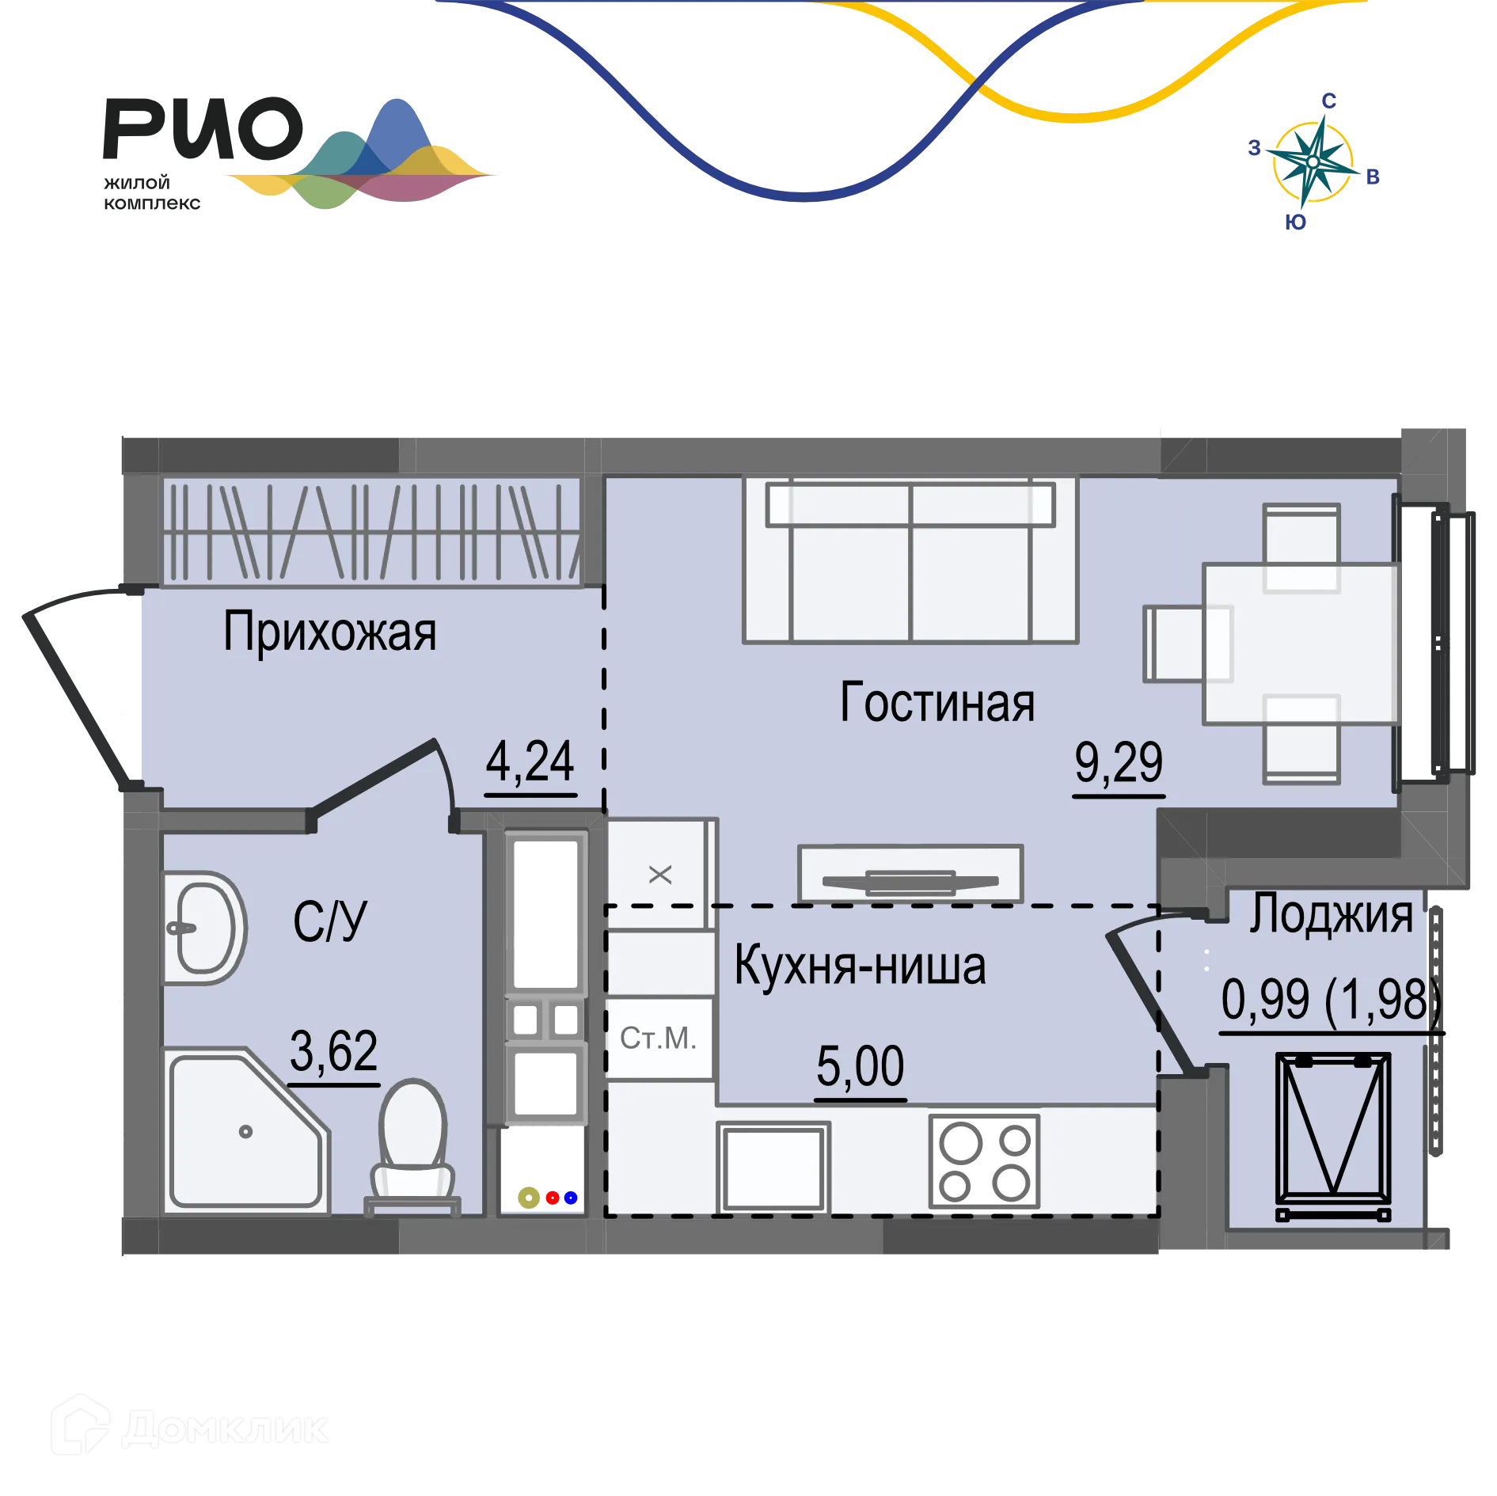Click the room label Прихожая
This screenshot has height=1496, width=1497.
(x=329, y=632)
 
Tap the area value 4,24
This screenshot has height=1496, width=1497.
(x=530, y=761)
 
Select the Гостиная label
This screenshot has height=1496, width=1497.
(x=937, y=702)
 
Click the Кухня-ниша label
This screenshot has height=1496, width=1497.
(x=861, y=966)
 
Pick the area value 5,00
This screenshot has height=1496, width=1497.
(x=861, y=1065)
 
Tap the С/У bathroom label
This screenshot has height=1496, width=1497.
(x=330, y=921)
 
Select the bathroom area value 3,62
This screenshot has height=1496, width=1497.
(x=333, y=1050)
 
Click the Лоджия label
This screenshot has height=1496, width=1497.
(x=1332, y=913)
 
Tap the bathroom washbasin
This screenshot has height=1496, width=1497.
(x=204, y=928)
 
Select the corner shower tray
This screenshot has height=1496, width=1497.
(x=246, y=1130)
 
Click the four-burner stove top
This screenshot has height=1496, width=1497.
(x=984, y=1161)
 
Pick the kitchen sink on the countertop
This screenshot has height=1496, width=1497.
(x=773, y=1167)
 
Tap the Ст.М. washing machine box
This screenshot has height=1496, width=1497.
(x=659, y=1038)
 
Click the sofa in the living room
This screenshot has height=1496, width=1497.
(x=910, y=560)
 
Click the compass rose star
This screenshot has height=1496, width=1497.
(x=1313, y=162)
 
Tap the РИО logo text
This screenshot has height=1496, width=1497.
(x=203, y=129)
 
